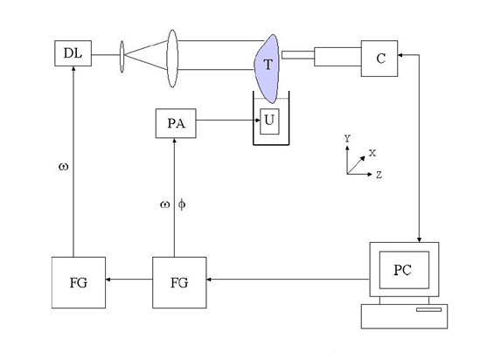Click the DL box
pos(73,53)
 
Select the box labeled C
pos(379,59)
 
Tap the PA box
pos(176,123)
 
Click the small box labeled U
pos(269,121)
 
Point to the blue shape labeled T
pos(267,68)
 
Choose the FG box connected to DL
pos(79,282)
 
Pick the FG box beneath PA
pos(179,282)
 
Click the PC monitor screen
pos(404,270)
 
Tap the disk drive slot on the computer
pos(428,309)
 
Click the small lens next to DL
pos(122,57)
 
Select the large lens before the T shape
pos(172,59)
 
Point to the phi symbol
pos(182,204)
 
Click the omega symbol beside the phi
pos(165,204)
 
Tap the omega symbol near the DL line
pos(63,167)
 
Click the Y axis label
pos(347,138)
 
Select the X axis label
pos(372,153)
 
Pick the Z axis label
pos(379,175)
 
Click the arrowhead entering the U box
pos(257,120)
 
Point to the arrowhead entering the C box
pos(400,55)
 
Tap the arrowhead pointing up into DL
pos(73,69)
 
